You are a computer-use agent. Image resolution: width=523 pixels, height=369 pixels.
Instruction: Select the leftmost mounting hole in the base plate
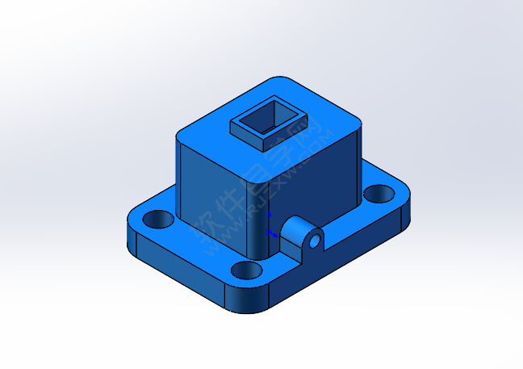click(x=159, y=218)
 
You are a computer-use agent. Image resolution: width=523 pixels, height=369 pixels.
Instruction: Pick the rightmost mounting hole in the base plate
click(x=375, y=194)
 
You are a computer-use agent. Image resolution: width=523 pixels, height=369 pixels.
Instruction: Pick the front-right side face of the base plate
click(x=339, y=258)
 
